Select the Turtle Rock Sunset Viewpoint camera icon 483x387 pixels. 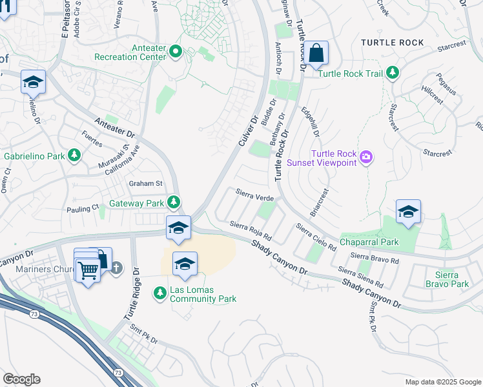point(366,157)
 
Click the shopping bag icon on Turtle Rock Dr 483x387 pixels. point(317,54)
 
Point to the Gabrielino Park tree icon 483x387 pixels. point(75,155)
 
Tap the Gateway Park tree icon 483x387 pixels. point(174,203)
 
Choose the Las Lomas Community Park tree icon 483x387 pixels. point(159,293)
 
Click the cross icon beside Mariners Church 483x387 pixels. point(116,267)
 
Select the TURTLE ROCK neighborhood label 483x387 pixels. point(393,43)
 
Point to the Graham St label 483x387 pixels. point(145,183)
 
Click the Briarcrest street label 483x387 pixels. point(320,202)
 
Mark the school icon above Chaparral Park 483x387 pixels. point(408,212)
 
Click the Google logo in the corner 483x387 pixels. point(21,379)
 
